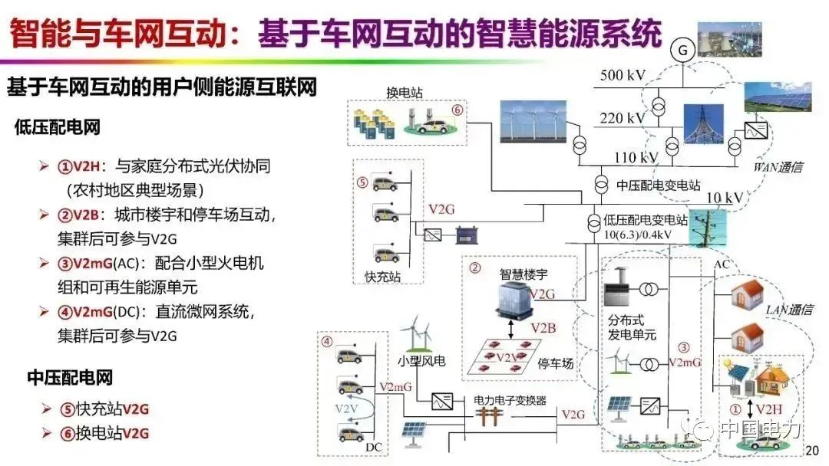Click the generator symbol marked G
point(682,50)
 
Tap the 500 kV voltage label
point(623,75)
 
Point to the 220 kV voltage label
point(623,118)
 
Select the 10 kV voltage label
point(725,198)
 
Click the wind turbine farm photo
point(533,122)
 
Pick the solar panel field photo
point(778,97)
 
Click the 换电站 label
point(405,92)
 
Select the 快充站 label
point(382,276)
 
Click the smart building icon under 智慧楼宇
point(513,300)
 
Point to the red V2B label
point(543,328)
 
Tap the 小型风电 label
point(421,361)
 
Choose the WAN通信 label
point(778,167)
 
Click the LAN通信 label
point(789,309)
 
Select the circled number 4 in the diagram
point(327,341)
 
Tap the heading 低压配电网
point(57,127)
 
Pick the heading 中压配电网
point(70,377)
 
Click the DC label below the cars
point(373,447)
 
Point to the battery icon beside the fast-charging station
point(467,235)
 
